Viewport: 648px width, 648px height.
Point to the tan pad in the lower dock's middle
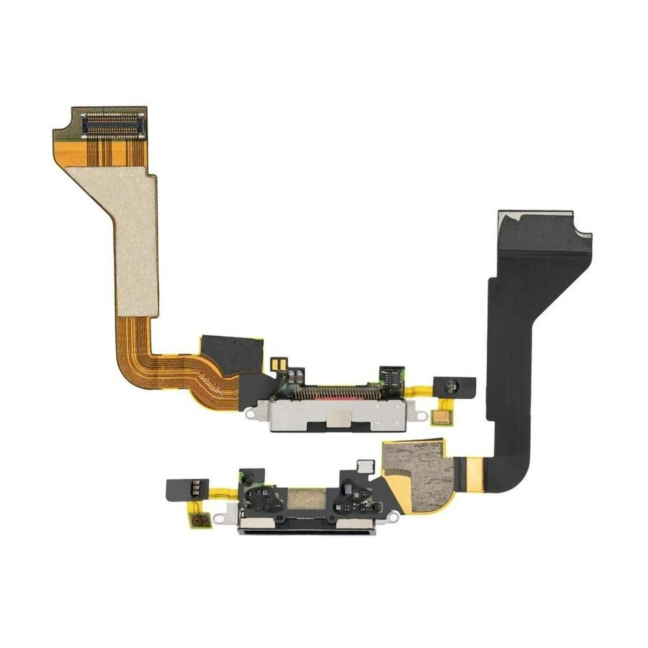point(305,499)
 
